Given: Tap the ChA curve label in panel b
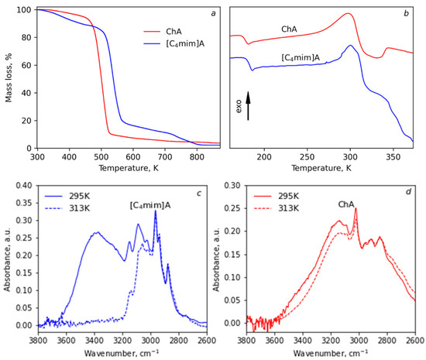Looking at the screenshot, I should click(289, 29).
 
